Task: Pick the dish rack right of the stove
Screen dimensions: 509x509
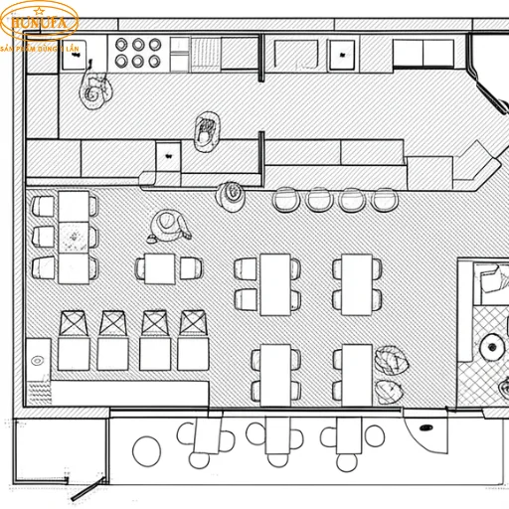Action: tap(208, 52)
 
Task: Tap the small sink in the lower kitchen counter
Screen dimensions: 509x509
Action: tap(167, 156)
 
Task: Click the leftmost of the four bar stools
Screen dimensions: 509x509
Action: tap(286, 200)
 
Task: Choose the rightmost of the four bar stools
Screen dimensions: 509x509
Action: tap(384, 200)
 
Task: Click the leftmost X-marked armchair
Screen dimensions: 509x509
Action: tap(75, 324)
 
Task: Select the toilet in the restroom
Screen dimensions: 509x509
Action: tap(490, 346)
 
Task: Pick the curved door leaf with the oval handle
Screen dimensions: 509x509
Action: tap(424, 433)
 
